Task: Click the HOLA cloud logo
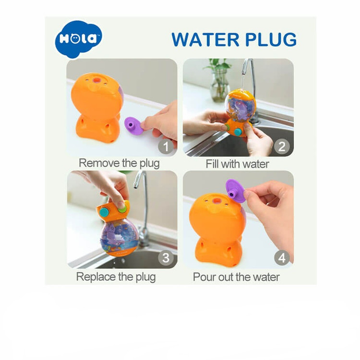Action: tap(79, 39)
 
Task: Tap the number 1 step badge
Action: tap(166, 146)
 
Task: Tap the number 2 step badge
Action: tap(282, 146)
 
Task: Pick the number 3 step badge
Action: tap(166, 258)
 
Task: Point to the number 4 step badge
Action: tap(282, 258)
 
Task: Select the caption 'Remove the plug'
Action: tap(119, 164)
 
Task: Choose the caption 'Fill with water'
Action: tap(238, 164)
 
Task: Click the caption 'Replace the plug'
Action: tap(116, 277)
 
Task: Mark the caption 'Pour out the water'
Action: tap(236, 277)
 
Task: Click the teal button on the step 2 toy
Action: tap(238, 132)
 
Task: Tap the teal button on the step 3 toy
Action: tap(104, 212)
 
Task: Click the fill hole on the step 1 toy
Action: tap(96, 80)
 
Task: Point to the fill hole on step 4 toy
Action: tap(216, 201)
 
